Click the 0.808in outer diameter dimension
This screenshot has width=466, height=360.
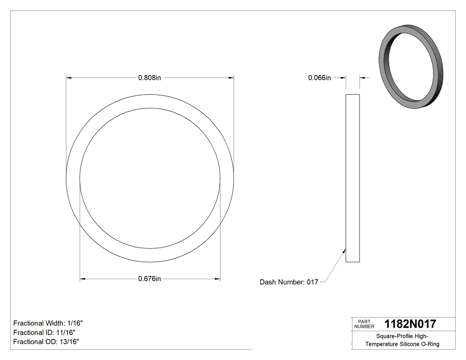149,78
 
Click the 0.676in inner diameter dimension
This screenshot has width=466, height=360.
149,279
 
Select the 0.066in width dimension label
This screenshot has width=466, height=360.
320,78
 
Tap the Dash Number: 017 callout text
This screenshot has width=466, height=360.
289,282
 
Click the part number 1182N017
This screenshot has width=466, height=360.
410,324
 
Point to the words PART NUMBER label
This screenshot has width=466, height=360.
364,324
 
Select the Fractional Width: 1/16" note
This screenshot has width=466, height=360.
48,323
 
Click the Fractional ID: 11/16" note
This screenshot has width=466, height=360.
44,332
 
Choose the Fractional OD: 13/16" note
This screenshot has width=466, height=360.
46,341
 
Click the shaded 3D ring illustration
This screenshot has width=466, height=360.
410,67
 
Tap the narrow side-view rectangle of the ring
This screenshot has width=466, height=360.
352,178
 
